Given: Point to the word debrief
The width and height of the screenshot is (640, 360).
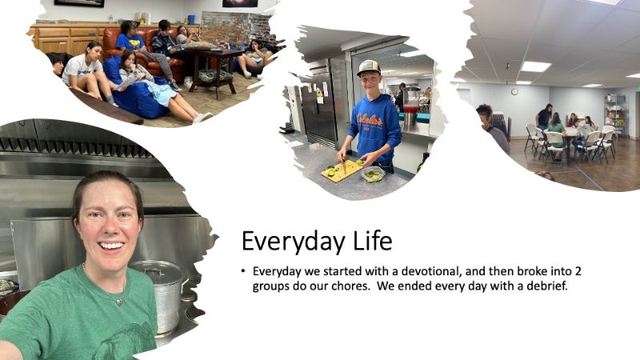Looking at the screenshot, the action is coord(547,286).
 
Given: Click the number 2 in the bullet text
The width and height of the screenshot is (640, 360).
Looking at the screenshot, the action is coord(578,271).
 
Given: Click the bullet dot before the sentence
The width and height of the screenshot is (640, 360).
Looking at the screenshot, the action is coord(243,271).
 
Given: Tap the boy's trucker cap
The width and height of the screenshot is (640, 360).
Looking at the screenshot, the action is coord(368,67).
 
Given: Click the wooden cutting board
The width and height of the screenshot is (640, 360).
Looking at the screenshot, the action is coord(342,170).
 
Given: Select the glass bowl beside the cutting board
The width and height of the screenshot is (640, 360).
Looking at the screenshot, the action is coord(373,174).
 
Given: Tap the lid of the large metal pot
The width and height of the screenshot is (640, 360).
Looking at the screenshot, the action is coord(156,270).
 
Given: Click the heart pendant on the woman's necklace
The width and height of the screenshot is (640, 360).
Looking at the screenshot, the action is coord(119,302).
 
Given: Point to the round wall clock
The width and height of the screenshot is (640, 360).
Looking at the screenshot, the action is coord(514,92).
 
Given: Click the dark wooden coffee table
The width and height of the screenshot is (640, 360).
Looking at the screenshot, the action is coord(213,68).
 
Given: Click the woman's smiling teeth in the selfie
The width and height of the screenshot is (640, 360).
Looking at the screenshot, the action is coord(111,246).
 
